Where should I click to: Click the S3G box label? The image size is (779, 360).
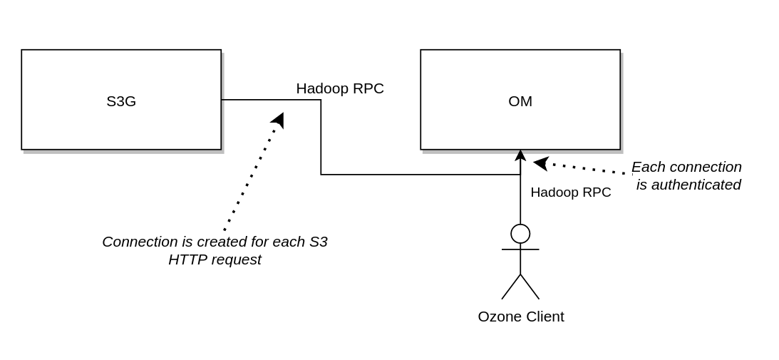click(121, 101)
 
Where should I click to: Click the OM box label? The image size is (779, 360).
click(520, 101)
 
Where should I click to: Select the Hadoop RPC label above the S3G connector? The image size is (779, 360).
click(340, 88)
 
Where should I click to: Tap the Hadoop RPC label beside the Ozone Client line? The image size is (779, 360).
click(571, 192)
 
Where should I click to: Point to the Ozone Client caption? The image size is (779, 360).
click(521, 317)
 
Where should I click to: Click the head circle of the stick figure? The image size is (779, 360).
click(520, 234)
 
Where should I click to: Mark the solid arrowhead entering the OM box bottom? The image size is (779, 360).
click(520, 155)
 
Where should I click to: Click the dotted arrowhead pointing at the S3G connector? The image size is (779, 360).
click(279, 120)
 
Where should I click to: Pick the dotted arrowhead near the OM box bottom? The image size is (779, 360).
click(541, 163)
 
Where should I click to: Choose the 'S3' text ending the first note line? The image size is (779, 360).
click(319, 242)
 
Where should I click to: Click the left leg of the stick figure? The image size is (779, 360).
click(511, 287)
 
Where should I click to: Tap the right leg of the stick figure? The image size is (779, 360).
click(530, 287)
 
